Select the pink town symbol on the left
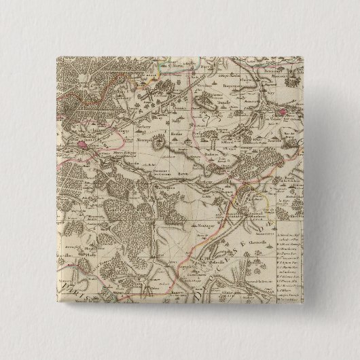tap(85, 143)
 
